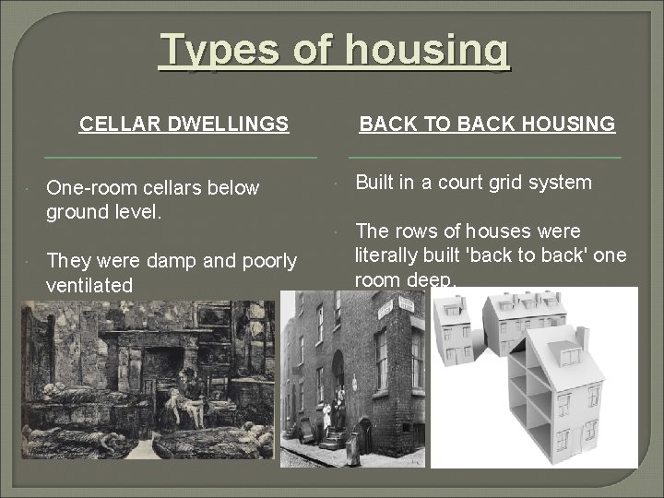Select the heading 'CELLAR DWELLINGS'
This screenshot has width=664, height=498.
pyautogui.click(x=184, y=123)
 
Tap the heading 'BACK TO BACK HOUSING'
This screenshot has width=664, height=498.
pyautogui.click(x=487, y=123)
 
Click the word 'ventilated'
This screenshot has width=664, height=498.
pyautogui.click(x=89, y=286)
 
